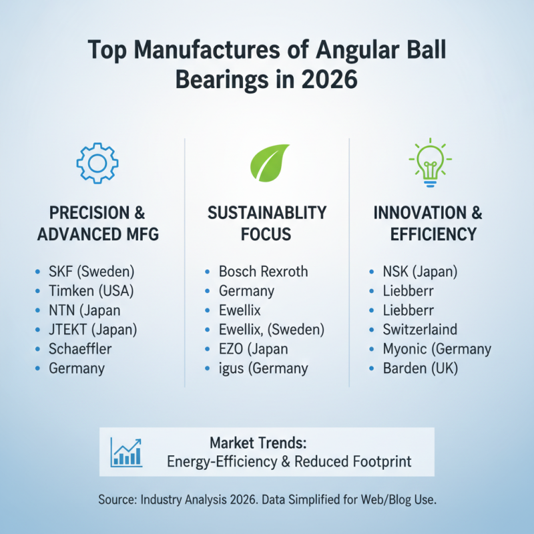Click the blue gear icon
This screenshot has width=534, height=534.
pos(98,162)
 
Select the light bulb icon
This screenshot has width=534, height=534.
pos(429,162)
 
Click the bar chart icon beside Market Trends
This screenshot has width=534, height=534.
pos(127,452)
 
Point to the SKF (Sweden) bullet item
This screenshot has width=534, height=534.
pos(91,272)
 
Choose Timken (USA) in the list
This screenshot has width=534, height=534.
pos(91,291)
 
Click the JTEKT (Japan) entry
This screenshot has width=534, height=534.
pos(93,329)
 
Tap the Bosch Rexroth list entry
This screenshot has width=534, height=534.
pos(263,272)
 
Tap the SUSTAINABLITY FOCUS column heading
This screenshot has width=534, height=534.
pos(267,223)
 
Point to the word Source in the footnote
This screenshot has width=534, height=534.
pos(119,499)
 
